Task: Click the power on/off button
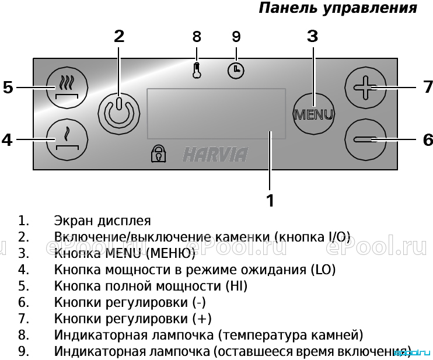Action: click(119, 114)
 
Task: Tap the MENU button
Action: click(313, 114)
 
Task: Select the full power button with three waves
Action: click(67, 88)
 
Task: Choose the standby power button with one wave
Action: click(67, 139)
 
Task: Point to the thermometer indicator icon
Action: click(197, 71)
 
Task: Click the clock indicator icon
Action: click(236, 71)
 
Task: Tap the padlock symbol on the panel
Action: click(159, 154)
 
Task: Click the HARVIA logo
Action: click(215, 155)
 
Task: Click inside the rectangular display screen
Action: click(216, 113)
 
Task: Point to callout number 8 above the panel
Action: click(197, 36)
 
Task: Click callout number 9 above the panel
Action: click(236, 36)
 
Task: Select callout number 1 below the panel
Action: click(270, 201)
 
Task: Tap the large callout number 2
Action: click(119, 36)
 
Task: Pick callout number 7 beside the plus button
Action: click(428, 87)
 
